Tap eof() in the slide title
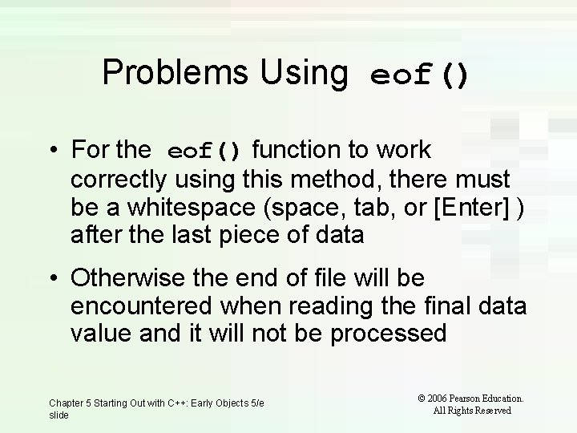click(x=419, y=76)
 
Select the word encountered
click(x=139, y=306)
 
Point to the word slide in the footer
click(x=59, y=415)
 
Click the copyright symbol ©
click(x=422, y=398)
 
